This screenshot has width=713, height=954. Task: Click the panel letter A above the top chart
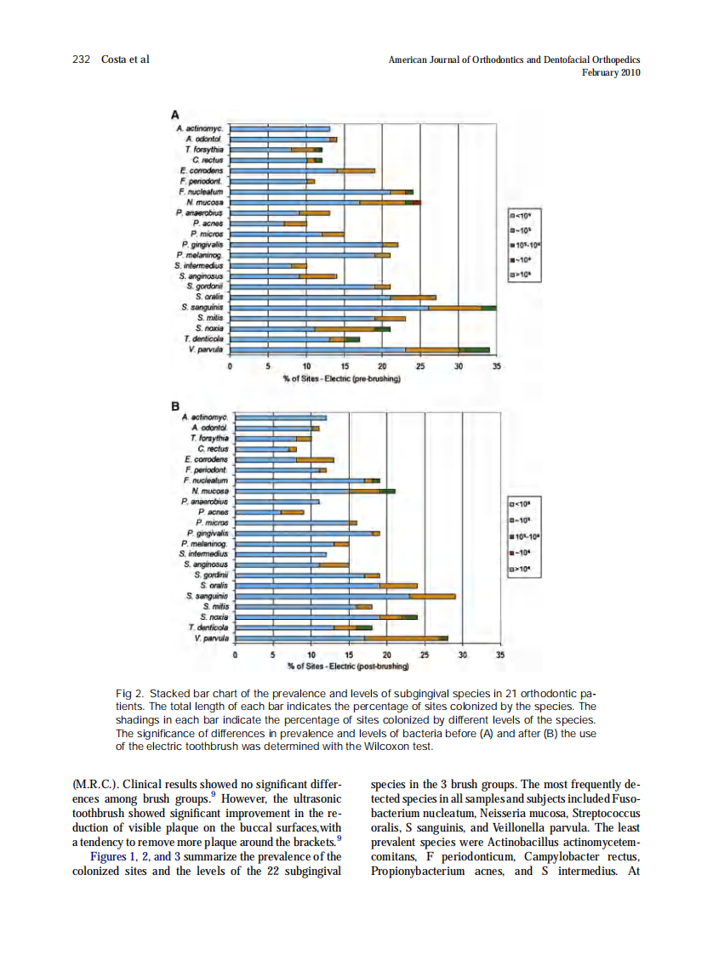[x=175, y=113]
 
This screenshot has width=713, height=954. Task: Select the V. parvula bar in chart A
[x=357, y=349]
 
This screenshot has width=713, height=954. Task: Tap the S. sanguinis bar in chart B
[x=345, y=596]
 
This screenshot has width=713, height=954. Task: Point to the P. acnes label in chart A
[x=208, y=224]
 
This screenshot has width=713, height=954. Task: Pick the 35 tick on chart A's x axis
[x=497, y=366]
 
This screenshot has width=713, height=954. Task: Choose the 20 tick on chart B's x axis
[x=386, y=655]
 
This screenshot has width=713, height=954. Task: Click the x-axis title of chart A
[x=343, y=378]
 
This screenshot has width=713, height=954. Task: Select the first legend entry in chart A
[x=522, y=216]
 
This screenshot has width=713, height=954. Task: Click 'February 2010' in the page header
[x=610, y=72]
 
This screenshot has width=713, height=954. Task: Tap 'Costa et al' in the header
[x=125, y=60]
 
